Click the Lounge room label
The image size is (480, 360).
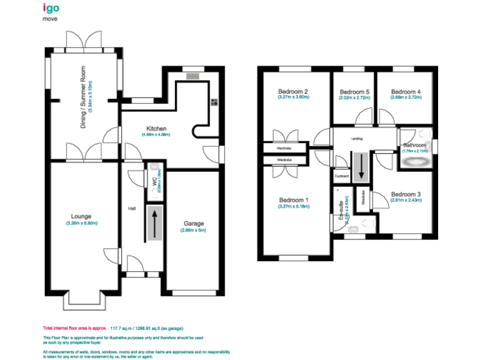click(81, 217)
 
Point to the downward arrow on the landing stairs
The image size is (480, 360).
click(360, 167)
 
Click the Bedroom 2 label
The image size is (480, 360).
click(293, 92)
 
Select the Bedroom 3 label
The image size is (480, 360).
click(406, 194)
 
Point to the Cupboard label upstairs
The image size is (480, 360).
click(341, 176)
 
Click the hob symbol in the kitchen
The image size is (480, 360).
click(213, 104)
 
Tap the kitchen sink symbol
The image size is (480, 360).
click(192, 76)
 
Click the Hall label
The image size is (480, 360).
click(132, 208)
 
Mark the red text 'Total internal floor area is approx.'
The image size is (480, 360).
click(75, 327)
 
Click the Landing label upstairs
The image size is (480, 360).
click(357, 139)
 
